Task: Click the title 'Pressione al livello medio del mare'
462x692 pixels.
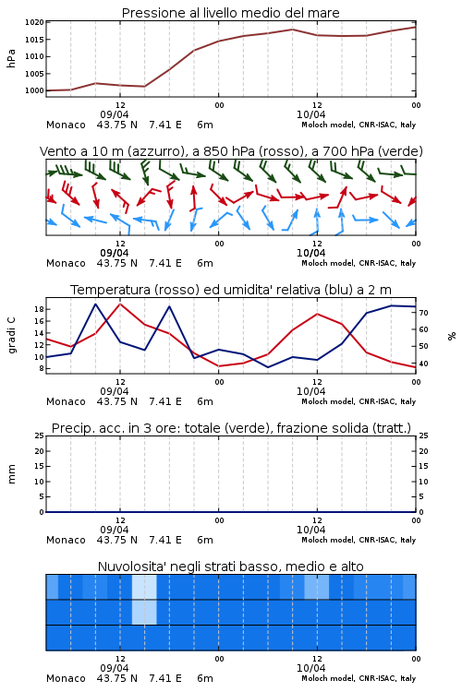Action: point(230,13)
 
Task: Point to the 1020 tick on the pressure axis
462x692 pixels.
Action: point(34,22)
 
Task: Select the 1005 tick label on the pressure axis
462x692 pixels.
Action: point(34,74)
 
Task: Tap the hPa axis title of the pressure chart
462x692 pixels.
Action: point(11,58)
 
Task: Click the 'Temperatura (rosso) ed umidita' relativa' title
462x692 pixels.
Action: point(195,290)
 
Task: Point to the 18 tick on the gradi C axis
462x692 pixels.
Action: point(39,309)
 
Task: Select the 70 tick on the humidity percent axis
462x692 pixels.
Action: point(423,313)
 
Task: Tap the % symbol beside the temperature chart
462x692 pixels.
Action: point(452,336)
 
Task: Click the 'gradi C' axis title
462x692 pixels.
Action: point(11,335)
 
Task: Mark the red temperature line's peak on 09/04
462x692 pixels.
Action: point(120,304)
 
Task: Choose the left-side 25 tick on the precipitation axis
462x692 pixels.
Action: point(39,436)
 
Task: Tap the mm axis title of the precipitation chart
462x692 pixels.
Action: point(11,474)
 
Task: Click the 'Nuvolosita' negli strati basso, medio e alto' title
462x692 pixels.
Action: point(230,567)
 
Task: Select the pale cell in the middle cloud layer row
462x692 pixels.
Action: point(144,612)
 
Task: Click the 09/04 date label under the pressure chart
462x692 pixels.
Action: point(114,114)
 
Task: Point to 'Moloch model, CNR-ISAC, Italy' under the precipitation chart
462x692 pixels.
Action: point(359,540)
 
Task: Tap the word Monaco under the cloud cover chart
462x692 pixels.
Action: point(66,678)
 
